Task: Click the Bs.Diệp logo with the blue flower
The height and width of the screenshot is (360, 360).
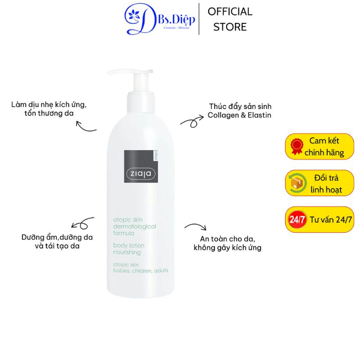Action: click(x=159, y=19)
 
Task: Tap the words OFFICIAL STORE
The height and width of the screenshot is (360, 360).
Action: click(x=230, y=19)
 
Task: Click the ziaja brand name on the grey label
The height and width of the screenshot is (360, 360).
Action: click(x=141, y=174)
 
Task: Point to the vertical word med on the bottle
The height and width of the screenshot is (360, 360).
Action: click(x=156, y=155)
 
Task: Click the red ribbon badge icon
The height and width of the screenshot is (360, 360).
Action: click(x=297, y=147)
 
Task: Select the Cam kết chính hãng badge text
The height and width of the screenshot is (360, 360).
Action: click(x=324, y=147)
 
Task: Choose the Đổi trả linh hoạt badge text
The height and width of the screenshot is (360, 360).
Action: click(x=326, y=184)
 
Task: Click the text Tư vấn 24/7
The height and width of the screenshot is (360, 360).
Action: click(x=331, y=220)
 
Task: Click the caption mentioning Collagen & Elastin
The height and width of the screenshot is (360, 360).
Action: click(x=239, y=111)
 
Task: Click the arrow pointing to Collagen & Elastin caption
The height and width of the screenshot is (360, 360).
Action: click(x=193, y=121)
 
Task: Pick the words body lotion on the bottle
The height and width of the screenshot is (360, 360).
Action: click(x=129, y=245)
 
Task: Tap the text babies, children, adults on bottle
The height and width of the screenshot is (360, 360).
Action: click(x=140, y=271)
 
